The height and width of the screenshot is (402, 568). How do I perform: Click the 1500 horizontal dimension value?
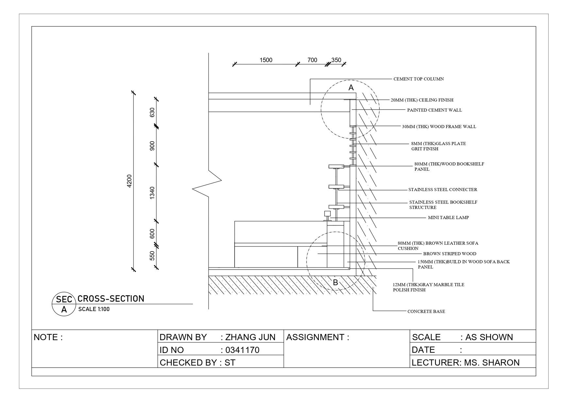coord(266,60)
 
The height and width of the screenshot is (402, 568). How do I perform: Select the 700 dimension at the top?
coord(312,60)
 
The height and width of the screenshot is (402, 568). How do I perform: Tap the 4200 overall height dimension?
coord(129,181)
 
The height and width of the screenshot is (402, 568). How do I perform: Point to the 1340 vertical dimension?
coord(152,193)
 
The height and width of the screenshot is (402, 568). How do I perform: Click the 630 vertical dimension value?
coord(152,113)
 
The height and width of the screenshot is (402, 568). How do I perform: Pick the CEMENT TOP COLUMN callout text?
coord(418,79)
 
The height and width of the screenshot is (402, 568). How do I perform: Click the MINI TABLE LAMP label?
coord(448,218)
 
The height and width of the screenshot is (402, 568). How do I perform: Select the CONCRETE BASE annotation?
coord(426,311)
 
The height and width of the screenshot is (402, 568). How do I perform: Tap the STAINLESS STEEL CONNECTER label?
coord(443,190)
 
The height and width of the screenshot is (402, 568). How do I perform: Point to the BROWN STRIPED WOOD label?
coord(449,254)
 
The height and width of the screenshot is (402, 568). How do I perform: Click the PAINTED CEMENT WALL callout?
coord(434,110)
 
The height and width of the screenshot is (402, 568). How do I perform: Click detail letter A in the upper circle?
coord(351,88)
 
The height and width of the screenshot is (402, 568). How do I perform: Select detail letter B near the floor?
coord(335,283)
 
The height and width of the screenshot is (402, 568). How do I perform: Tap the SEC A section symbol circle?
coord(64,305)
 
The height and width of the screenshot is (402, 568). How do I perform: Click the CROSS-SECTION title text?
coord(111,299)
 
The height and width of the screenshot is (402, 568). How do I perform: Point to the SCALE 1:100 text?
coord(94,309)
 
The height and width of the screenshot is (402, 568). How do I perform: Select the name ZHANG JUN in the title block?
coord(250,337)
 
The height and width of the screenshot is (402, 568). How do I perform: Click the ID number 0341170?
coord(242,350)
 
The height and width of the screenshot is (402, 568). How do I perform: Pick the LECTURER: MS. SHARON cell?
coord(465,363)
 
